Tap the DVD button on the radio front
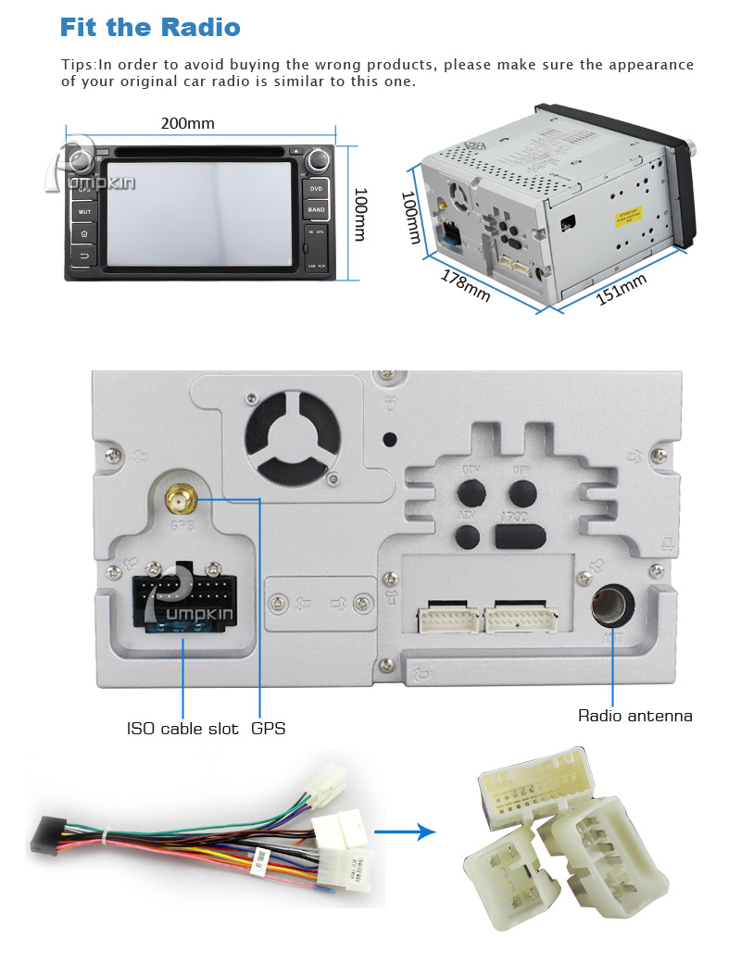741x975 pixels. (316, 189)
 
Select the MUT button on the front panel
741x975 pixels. (84, 212)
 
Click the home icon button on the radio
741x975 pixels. (84, 234)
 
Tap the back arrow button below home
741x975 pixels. (84, 256)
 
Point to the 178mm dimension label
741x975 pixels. (465, 284)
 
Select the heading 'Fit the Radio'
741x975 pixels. (149, 27)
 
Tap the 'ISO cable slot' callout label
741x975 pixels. (182, 729)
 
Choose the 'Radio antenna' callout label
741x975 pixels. (634, 716)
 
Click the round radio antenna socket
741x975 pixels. (611, 606)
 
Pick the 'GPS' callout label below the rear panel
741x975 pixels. (268, 729)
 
